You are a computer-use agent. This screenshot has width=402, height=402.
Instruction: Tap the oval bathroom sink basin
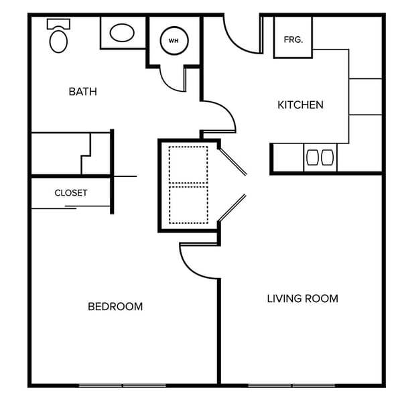[122, 33]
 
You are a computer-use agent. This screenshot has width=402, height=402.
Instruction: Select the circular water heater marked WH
[174, 41]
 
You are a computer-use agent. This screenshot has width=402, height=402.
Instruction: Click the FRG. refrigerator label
[293, 40]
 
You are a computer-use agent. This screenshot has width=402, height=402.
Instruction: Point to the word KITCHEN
[300, 105]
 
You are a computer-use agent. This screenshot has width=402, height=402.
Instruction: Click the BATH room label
[82, 92]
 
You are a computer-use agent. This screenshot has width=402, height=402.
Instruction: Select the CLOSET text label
[71, 193]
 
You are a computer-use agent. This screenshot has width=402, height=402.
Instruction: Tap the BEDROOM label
[115, 307]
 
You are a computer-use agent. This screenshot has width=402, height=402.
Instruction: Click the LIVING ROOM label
[302, 299]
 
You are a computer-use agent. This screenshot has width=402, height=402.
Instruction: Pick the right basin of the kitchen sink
[327, 157]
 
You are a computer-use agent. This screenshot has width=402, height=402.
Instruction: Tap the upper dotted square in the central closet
[188, 164]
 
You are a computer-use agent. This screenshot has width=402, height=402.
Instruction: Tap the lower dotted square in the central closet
[188, 204]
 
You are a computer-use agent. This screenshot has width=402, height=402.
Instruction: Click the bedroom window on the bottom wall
[122, 385]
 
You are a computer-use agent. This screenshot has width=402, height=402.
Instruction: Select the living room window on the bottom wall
[291, 385]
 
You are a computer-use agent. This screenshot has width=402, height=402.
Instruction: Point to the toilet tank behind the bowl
[58, 23]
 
